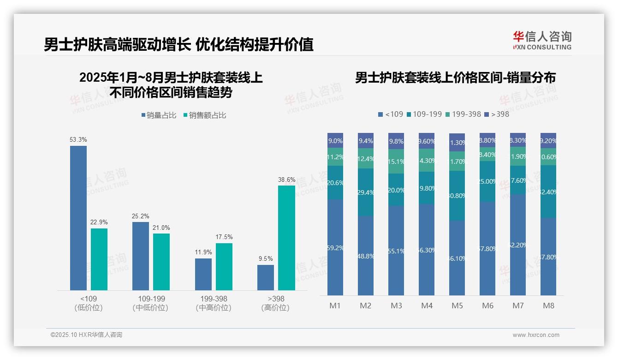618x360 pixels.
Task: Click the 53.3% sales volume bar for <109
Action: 78,218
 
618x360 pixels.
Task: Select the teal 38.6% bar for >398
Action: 286,238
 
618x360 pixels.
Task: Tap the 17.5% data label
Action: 224,237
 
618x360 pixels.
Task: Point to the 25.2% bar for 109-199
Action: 141,256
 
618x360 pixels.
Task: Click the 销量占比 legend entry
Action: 159,115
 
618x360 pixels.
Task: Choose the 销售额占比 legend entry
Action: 205,115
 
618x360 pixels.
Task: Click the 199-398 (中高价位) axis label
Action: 214,303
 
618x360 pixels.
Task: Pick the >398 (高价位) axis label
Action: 276,303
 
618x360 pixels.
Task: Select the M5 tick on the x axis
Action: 458,306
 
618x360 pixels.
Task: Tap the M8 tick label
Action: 548,306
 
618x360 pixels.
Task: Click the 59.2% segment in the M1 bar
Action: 335,247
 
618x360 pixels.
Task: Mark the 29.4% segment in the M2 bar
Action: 366,192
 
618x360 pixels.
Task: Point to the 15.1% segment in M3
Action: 396,162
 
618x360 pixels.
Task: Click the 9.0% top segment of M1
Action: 335,141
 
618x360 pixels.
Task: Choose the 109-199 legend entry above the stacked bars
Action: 424,114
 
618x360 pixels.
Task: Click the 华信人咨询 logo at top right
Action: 542,40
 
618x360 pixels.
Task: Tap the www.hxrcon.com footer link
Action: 536,335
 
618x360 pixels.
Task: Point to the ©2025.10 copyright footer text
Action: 86,335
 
